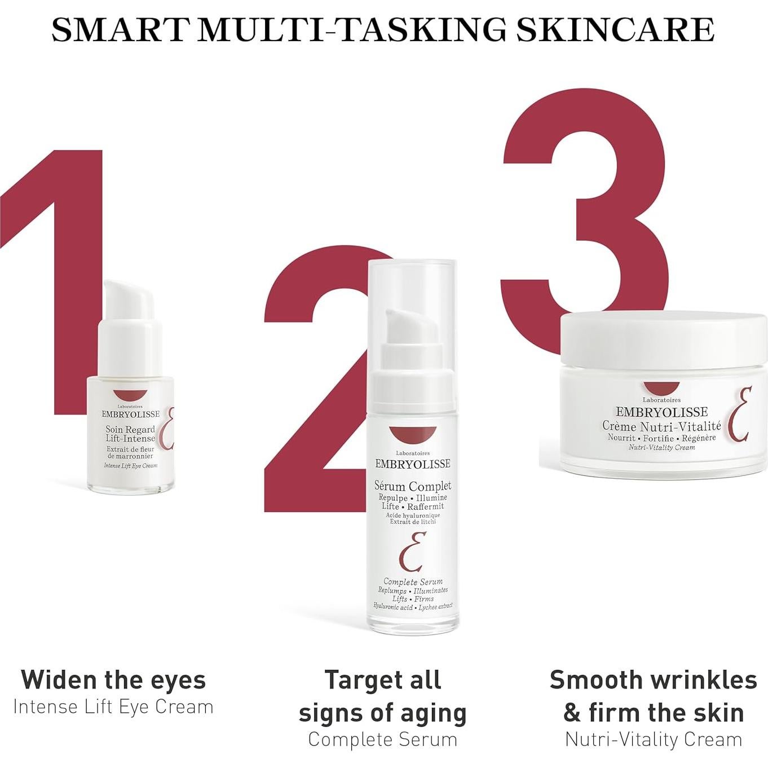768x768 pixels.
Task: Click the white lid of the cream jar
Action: [x=663, y=336]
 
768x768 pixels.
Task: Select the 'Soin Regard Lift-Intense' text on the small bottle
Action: [x=130, y=434]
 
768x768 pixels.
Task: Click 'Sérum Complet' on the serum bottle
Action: [x=413, y=485]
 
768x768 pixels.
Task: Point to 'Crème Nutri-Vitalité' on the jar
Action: [x=661, y=426]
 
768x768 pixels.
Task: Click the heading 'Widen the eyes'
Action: [x=113, y=679]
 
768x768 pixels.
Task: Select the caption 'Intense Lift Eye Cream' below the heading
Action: [x=113, y=707]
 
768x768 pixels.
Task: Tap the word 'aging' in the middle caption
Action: [x=435, y=713]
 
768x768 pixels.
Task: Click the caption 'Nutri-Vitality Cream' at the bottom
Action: [x=654, y=739]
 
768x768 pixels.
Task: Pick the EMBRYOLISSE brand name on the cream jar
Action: [x=661, y=412]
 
